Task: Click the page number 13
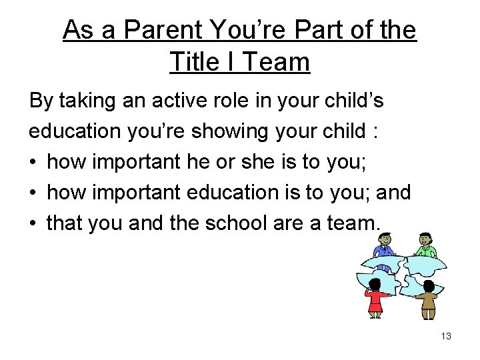click(x=446, y=336)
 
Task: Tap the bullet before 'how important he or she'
click(x=34, y=162)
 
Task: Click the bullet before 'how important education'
click(x=34, y=193)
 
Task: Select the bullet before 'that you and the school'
click(x=34, y=223)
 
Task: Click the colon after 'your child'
click(x=377, y=131)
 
